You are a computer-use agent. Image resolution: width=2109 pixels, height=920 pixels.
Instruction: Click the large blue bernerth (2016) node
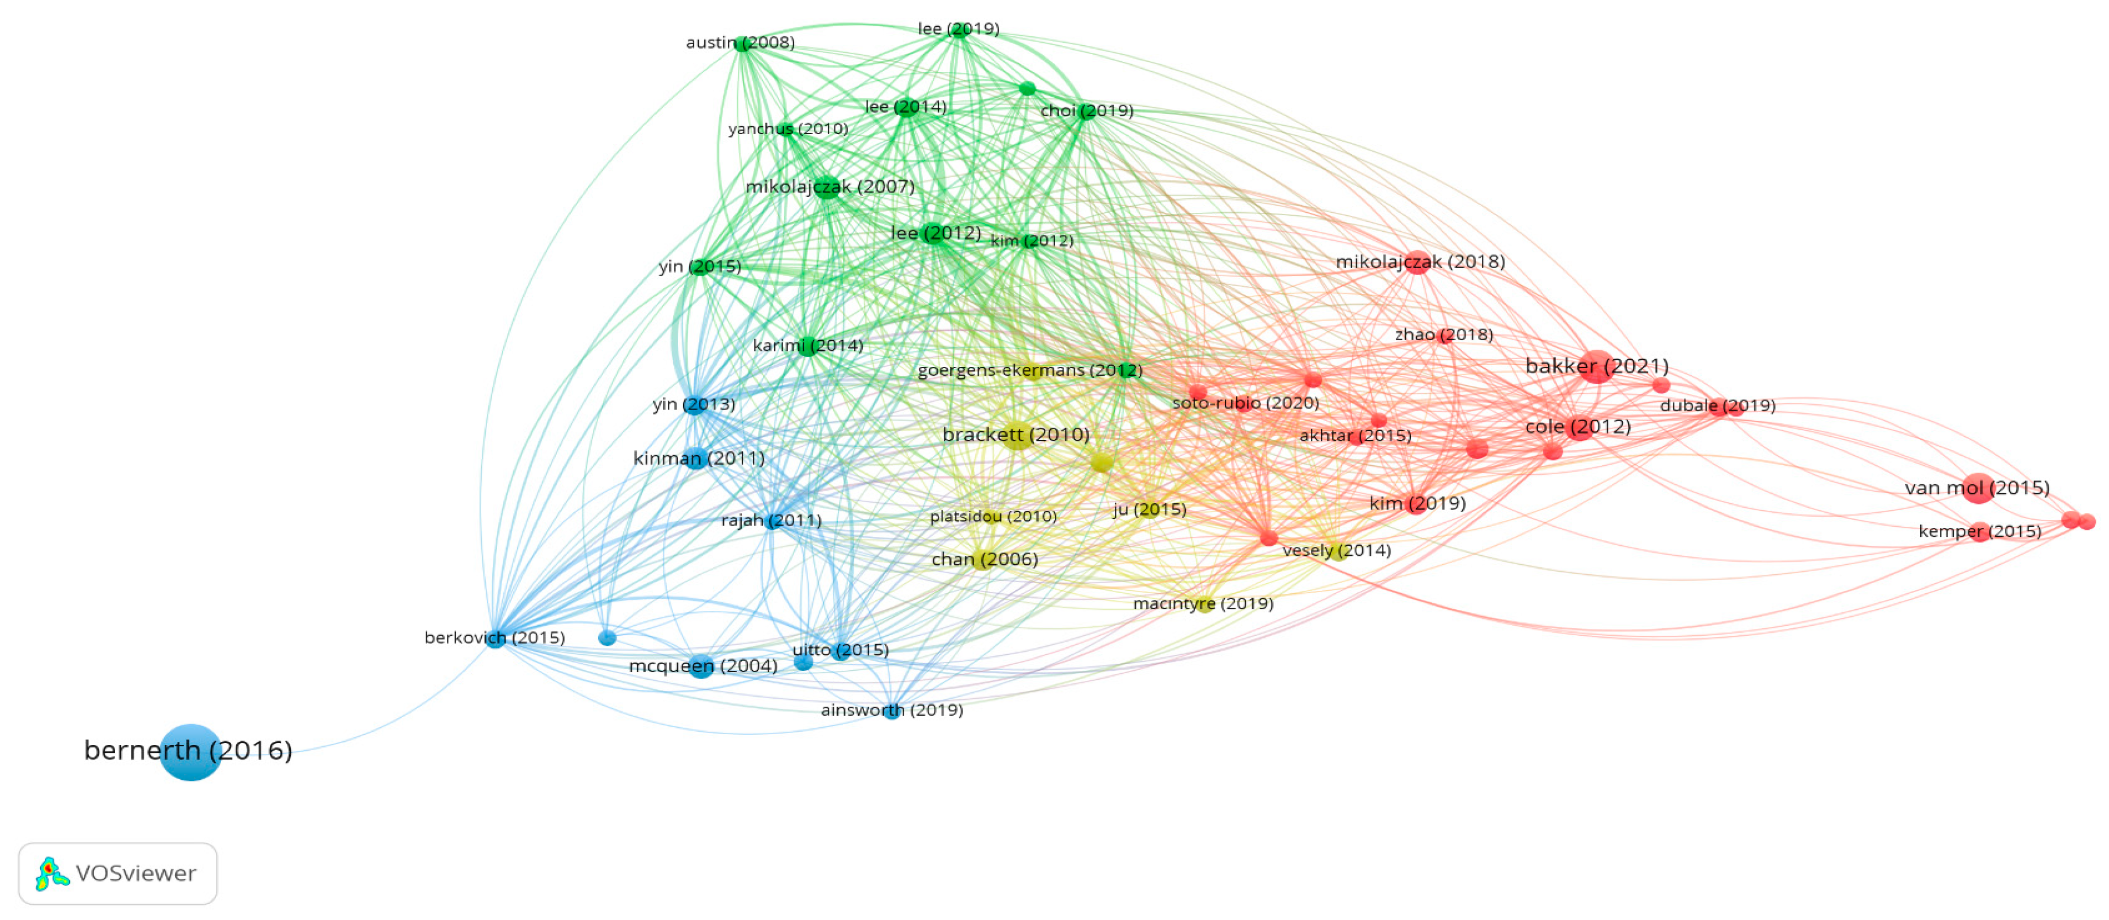[190, 751]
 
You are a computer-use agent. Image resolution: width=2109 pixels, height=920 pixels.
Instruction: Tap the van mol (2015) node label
[1977, 488]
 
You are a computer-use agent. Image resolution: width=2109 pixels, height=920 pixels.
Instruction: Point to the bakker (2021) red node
[1595, 366]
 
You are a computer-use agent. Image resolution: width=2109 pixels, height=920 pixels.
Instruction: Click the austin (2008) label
[739, 42]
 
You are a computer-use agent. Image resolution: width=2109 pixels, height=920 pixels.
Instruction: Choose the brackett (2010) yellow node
[1016, 436]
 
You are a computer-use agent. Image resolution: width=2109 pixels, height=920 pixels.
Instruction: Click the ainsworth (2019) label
[891, 709]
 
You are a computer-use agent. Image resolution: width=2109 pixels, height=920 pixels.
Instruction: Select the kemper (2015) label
[1979, 531]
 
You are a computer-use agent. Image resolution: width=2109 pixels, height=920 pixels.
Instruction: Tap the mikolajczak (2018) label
[1420, 262]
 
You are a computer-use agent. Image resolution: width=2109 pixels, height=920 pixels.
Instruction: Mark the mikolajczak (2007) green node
[827, 188]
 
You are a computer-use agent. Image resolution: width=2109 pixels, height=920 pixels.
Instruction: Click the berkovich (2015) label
[494, 637]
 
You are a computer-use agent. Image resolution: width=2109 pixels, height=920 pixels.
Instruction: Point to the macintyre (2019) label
[1203, 603]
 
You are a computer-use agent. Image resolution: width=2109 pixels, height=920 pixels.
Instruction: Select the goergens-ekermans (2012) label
[1029, 370]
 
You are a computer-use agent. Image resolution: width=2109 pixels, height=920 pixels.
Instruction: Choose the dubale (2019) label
[1717, 405]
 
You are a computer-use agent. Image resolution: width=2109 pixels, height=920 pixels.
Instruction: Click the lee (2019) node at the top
[960, 30]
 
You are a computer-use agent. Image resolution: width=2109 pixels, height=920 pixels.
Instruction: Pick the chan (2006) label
[984, 559]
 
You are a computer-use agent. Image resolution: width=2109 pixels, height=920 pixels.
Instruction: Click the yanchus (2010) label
[788, 128]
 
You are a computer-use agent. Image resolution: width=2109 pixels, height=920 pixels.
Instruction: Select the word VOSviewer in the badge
[136, 873]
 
